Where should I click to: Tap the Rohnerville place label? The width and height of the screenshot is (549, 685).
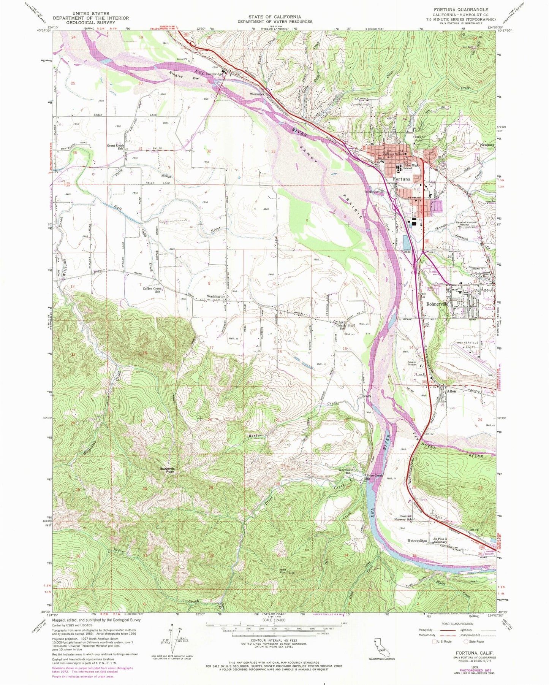438,304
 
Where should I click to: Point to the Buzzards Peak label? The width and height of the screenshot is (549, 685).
167,470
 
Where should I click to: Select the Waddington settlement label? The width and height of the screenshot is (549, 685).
216,296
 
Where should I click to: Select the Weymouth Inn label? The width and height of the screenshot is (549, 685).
346,471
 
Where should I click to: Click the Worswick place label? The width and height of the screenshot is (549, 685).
257,94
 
